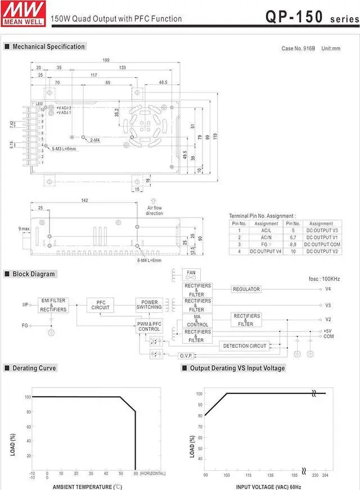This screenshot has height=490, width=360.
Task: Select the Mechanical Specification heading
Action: (48, 47)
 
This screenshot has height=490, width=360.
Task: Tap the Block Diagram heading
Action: (34, 274)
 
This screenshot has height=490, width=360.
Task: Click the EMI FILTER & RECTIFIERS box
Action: (53, 304)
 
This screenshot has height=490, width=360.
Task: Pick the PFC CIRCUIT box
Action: (101, 305)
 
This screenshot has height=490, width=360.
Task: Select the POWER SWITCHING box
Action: (150, 304)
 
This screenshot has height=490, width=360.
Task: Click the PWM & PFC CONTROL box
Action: (150, 326)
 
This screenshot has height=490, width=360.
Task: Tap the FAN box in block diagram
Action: (191, 274)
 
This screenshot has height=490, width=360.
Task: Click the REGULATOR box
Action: (246, 289)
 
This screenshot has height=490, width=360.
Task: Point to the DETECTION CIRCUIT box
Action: (245, 346)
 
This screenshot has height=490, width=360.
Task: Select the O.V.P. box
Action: (186, 356)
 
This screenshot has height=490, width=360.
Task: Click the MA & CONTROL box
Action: (197, 321)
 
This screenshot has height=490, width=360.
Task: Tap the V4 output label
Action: (328, 289)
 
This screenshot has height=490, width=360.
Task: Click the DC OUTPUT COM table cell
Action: (321, 245)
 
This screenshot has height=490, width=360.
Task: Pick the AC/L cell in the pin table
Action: (266, 230)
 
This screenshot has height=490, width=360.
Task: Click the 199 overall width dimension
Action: (106, 60)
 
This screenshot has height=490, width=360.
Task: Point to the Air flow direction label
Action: (155, 210)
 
